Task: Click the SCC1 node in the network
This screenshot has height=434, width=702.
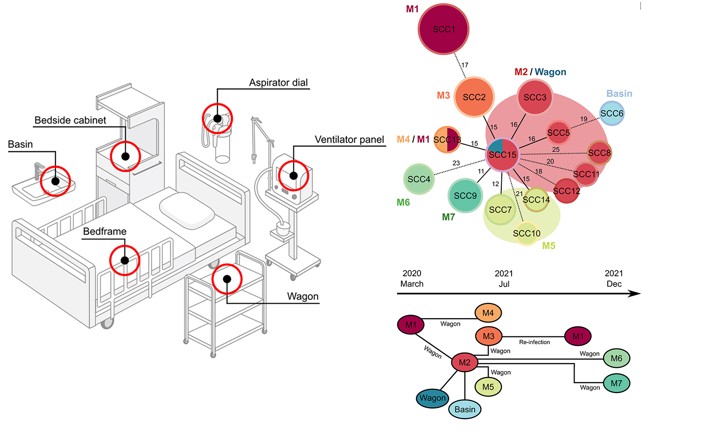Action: pos(443,29)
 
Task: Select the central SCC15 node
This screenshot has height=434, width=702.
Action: pos(502,154)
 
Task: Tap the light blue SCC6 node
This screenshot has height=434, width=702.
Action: pos(611,113)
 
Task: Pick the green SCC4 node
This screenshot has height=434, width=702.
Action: pos(419,179)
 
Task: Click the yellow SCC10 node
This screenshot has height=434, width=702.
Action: pos(526,233)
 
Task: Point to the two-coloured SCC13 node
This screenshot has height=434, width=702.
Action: pos(447,140)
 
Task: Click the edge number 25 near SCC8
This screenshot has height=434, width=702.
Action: pos(555,150)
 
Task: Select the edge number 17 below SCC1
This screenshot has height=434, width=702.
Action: pos(465,65)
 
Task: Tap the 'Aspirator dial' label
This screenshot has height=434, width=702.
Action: pos(278,83)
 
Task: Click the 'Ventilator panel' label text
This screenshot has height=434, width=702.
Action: pos(349,140)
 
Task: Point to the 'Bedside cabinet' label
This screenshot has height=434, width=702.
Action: pos(70,120)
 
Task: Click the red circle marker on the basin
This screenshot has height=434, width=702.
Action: pos(55,181)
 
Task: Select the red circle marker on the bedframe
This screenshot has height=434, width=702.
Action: pos(125,260)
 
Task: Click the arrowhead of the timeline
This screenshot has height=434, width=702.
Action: pos(635,294)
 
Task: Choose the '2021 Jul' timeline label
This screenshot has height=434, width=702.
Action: pos(504,279)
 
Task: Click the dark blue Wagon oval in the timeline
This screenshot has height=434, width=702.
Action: pos(432,398)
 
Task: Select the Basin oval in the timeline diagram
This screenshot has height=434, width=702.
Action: pos(465,409)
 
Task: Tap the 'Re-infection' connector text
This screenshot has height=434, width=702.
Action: pos(534,342)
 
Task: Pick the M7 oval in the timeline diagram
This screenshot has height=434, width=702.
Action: pos(616,383)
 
